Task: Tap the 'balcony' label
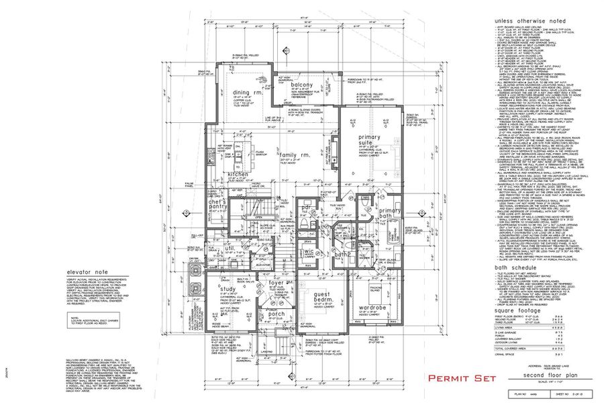pyautogui.click(x=301, y=85)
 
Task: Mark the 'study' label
pyautogui.click(x=227, y=290)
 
